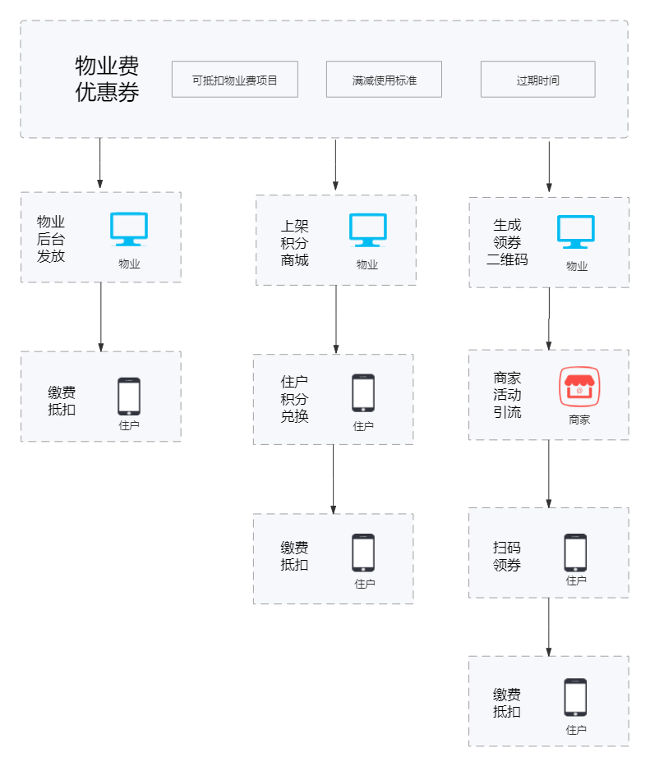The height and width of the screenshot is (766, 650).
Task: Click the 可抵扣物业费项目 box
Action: point(234,80)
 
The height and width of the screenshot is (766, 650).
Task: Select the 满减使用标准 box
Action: point(384,80)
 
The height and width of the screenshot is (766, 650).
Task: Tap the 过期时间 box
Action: point(537,80)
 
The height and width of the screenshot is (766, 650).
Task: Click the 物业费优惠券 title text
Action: point(107,79)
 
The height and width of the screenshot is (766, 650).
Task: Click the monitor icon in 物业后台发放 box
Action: point(129,229)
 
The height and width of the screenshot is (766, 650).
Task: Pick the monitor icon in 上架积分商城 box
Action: point(367,230)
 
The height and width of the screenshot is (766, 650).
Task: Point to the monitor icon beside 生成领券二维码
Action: point(576,232)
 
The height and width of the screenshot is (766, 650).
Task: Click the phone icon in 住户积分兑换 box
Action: point(363,393)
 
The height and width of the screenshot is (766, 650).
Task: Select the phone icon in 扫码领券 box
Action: point(575,553)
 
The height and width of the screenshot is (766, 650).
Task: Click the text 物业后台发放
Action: point(51,239)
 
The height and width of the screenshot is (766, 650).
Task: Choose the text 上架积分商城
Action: point(295,243)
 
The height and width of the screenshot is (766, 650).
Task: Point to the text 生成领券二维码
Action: point(507,242)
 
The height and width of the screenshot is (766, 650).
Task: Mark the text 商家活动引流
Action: point(507,395)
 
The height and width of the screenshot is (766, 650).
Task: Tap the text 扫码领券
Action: point(507,556)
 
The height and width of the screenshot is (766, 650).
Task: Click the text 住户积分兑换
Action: point(295,399)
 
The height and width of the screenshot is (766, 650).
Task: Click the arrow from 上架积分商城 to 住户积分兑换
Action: point(335,320)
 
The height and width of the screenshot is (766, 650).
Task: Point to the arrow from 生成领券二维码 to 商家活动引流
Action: point(549,319)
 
